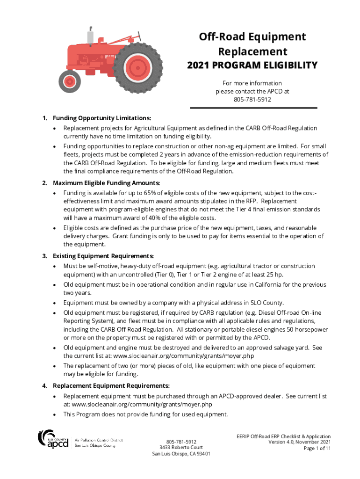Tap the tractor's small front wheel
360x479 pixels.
click(70, 82)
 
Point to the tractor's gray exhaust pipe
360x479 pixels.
click(90, 36)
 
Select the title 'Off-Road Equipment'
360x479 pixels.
click(252, 37)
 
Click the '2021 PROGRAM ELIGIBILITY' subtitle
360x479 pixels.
click(252, 65)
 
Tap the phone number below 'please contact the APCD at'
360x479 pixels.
click(252, 100)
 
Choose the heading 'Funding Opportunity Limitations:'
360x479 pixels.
click(101, 119)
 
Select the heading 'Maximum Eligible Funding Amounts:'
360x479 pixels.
click(106, 182)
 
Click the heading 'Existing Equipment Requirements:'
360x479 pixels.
click(103, 256)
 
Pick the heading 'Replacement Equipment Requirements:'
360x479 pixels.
click(111, 386)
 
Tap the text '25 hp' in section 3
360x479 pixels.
click(273, 274)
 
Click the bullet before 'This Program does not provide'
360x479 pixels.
click(55, 414)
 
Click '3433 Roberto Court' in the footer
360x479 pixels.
click(181, 447)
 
